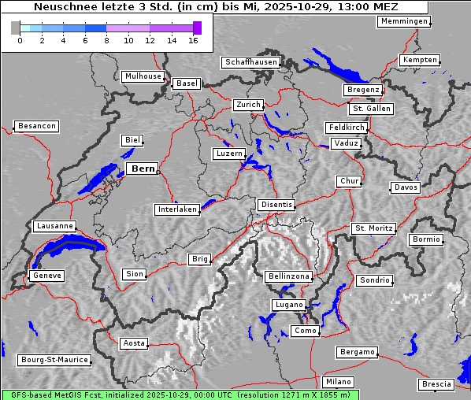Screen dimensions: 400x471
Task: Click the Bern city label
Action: pyautogui.click(x=143, y=169)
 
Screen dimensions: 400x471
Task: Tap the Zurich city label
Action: pyautogui.click(x=247, y=105)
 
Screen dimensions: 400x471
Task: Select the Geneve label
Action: pyautogui.click(x=46, y=276)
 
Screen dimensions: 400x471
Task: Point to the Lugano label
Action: pyautogui.click(x=288, y=305)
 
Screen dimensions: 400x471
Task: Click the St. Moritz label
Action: pyautogui.click(x=373, y=228)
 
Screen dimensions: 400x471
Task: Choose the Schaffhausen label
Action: pyautogui.click(x=250, y=61)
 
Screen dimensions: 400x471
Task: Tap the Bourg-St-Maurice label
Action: pyautogui.click(x=54, y=360)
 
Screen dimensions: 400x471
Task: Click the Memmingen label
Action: pyautogui.click(x=404, y=21)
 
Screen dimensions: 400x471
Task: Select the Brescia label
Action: pyautogui.click(x=436, y=384)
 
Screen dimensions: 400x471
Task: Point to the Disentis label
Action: pyautogui.click(x=276, y=205)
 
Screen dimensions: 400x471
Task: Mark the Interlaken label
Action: pyautogui.click(x=177, y=209)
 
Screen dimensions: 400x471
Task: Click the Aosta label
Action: pyautogui.click(x=134, y=343)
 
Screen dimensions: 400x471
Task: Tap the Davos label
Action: pyautogui.click(x=406, y=187)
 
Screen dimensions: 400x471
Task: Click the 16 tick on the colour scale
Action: pyautogui.click(x=193, y=39)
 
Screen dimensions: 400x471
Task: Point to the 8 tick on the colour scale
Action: pyautogui.click(x=106, y=39)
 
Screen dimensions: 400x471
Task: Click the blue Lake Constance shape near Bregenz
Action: pyautogui.click(x=335, y=68)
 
